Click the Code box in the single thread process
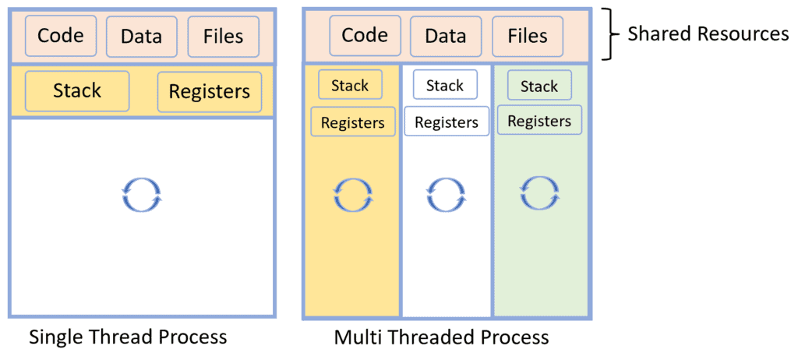coord(61,36)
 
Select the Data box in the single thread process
coord(141,36)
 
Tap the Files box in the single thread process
coord(223,36)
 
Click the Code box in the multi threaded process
coord(364,35)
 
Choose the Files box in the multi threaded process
coord(527,35)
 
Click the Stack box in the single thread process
coord(77,90)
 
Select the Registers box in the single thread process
coord(209,92)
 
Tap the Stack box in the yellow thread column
coord(350,85)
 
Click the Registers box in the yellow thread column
coord(353,122)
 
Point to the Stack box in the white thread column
coord(445,85)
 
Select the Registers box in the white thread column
coord(447,122)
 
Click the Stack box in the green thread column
coord(539,85)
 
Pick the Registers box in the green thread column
coord(539,121)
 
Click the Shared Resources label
coord(708,34)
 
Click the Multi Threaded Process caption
coord(441,337)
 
